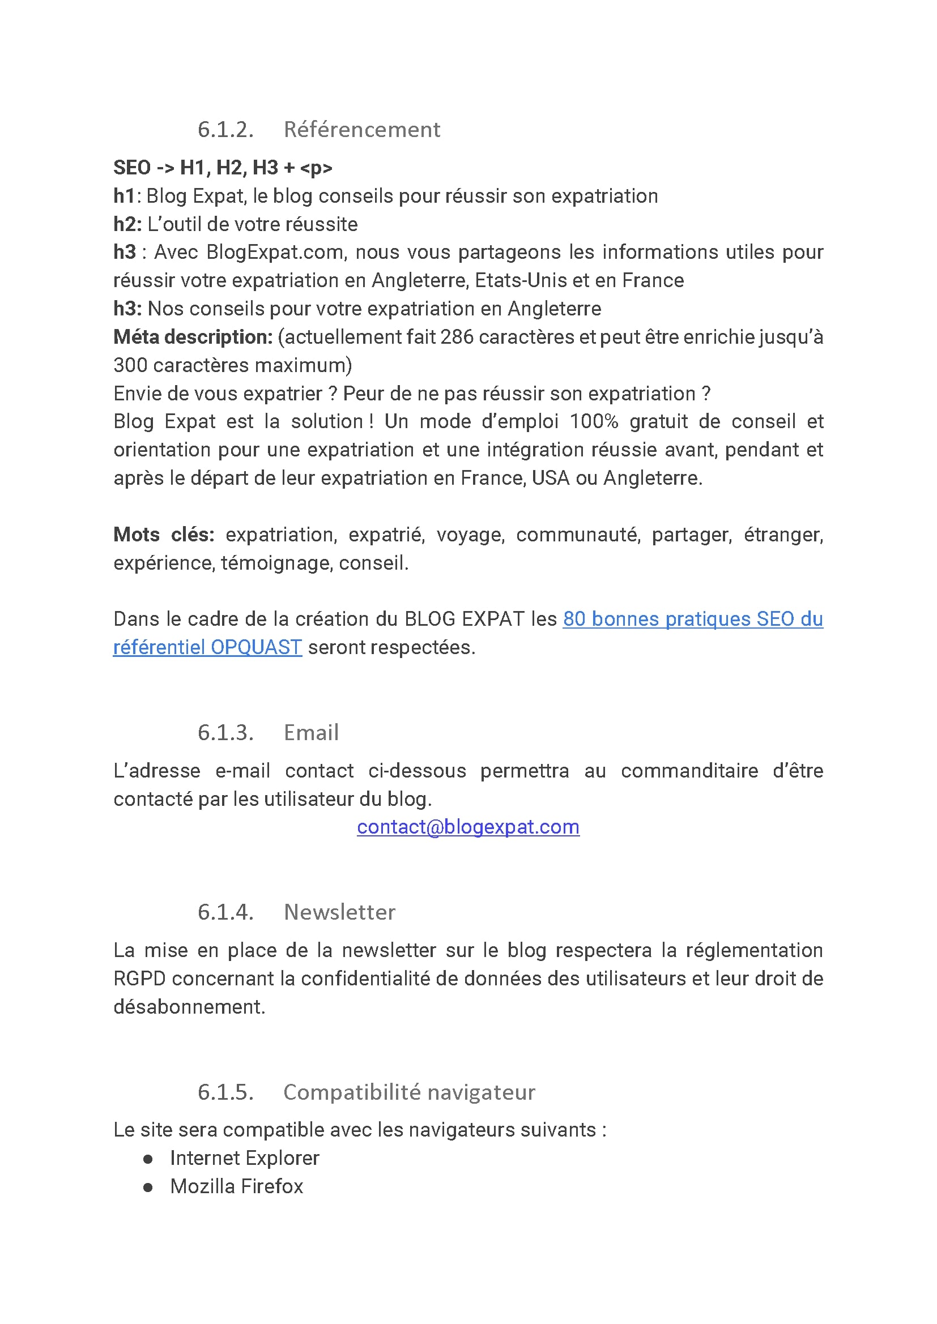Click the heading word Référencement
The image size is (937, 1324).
pos(362,130)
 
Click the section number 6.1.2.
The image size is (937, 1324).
pos(225,130)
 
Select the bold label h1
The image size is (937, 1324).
pos(123,196)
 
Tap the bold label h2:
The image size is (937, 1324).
pos(127,224)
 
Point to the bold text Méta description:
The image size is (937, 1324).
pos(193,337)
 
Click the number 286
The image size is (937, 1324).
pos(457,337)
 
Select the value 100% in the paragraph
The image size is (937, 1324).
pos(594,421)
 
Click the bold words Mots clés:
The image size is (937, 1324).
pos(163,535)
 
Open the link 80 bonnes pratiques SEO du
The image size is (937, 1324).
pos(692,619)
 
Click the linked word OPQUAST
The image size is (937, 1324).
pos(255,647)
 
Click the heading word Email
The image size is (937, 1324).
pos(311,733)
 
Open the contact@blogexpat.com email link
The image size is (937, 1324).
pos(468,827)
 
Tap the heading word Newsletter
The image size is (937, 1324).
pos(339,912)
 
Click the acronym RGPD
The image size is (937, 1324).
pos(139,979)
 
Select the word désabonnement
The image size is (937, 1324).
pos(188,1007)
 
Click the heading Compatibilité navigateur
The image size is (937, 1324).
pos(409,1092)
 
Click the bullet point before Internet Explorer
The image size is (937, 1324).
pos(148,1159)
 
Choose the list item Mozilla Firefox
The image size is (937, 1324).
pos(236,1187)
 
